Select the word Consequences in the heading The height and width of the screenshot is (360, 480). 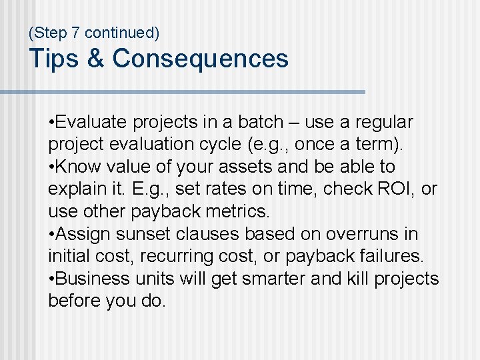[200, 59]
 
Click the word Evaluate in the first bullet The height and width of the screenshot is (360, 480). [93, 123]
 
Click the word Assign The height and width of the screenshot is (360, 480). [85, 234]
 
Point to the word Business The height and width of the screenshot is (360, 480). [90, 279]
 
